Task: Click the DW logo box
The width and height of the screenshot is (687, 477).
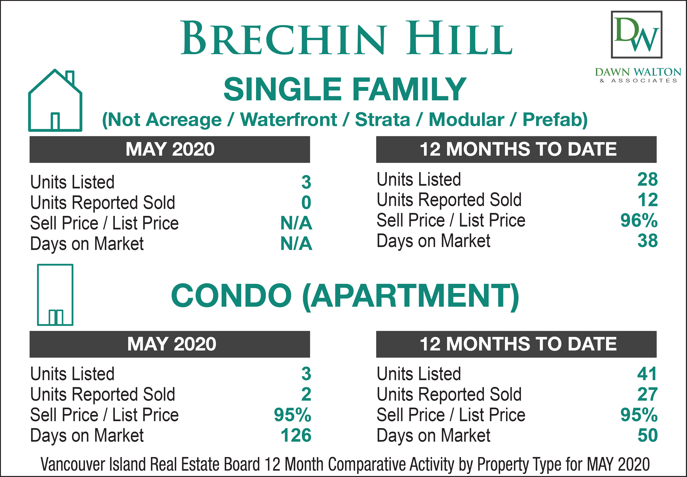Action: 636,35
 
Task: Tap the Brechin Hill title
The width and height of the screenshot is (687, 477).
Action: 347,38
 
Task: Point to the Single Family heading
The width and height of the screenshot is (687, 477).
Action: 345,89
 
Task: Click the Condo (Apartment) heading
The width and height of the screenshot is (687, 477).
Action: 345,296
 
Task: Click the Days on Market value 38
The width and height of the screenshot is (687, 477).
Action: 648,241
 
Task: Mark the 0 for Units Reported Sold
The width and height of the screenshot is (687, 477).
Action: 306,203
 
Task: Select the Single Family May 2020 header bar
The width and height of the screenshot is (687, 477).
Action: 170,149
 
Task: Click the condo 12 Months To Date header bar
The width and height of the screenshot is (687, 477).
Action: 516,344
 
